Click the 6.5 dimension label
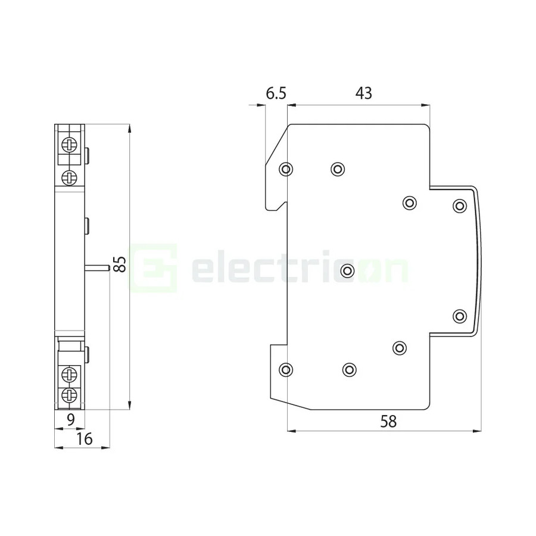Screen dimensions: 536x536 pos(276,93)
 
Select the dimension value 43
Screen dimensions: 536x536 pos(363,93)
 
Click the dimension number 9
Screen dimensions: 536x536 pos(70,420)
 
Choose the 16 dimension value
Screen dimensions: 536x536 pos(85,440)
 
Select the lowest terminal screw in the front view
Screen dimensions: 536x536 pos(70,395)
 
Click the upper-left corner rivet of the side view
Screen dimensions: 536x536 pos(286,170)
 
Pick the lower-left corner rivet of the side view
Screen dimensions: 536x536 pos(286,370)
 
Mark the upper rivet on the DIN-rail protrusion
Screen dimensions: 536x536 pos(459,205)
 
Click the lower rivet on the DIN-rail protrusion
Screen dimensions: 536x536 pos(459,316)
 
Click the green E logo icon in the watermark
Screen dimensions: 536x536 pos(154,267)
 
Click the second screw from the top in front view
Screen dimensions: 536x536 pos(70,176)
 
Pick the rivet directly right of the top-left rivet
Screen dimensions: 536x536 pos(338,170)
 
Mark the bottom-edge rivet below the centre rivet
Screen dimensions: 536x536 pos(350,370)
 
